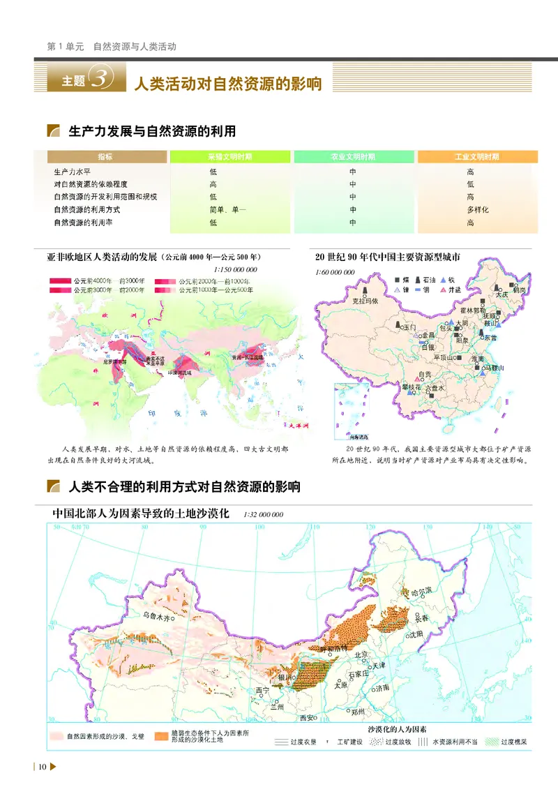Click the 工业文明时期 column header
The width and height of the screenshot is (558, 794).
(x=477, y=158)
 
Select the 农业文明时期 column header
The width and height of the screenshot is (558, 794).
(x=353, y=158)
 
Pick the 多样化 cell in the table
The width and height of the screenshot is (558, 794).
(x=477, y=210)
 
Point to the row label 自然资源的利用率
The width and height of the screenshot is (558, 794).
(x=82, y=223)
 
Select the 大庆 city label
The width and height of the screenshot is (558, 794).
(x=502, y=294)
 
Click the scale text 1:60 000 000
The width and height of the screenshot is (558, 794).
(x=335, y=272)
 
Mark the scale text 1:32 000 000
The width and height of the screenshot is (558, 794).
(x=264, y=515)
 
